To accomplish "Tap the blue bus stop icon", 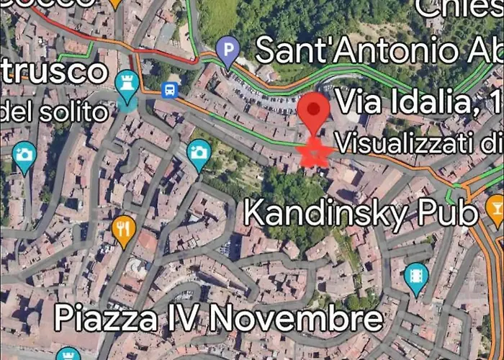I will point(170,91).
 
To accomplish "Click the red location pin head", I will point(314,110).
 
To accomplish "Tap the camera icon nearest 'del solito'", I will point(24,155).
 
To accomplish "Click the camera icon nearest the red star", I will point(199,152).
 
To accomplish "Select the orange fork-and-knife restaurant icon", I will point(125,228).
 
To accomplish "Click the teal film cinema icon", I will point(415,276).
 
